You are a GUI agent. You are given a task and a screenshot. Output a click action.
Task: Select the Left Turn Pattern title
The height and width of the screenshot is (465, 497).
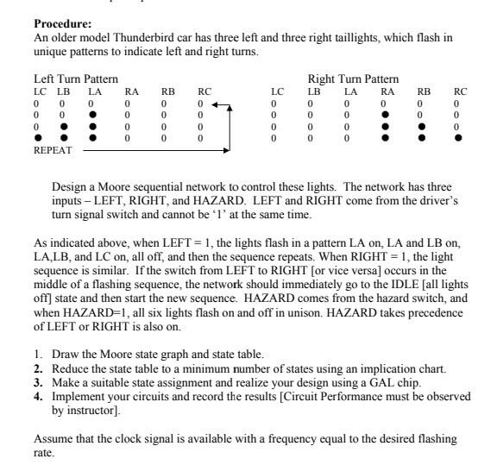[75, 79]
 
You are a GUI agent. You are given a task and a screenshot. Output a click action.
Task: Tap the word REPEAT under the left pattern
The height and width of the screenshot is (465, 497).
[53, 149]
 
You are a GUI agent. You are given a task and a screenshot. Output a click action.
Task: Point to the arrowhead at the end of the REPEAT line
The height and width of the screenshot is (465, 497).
[227, 150]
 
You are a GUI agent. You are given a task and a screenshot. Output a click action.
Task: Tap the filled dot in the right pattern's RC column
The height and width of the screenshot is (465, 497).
[458, 137]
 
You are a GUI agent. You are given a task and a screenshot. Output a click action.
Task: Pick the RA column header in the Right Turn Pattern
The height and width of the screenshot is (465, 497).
[387, 91]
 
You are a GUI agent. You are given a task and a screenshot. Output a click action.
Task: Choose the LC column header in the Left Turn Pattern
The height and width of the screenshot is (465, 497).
[39, 91]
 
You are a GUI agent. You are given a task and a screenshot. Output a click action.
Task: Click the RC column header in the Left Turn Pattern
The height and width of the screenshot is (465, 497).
[204, 91]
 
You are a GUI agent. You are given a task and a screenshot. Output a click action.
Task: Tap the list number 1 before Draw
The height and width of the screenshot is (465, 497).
[38, 329]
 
